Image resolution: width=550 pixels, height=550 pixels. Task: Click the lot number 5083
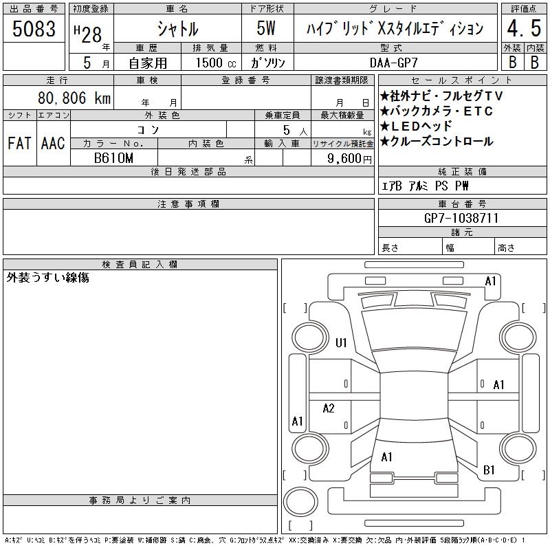[34, 28]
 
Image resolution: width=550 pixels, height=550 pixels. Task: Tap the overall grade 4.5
[524, 28]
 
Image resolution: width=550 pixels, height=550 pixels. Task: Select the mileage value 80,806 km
[74, 98]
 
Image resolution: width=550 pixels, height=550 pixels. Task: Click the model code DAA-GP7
[394, 63]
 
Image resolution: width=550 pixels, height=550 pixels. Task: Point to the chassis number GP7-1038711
[461, 218]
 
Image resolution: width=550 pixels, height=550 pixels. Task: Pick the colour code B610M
[113, 158]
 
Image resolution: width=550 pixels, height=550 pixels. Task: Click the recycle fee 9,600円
[349, 159]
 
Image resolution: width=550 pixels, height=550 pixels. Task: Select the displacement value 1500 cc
[216, 63]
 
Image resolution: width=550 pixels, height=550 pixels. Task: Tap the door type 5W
[266, 28]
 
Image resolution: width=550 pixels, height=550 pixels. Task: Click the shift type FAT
[20, 143]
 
